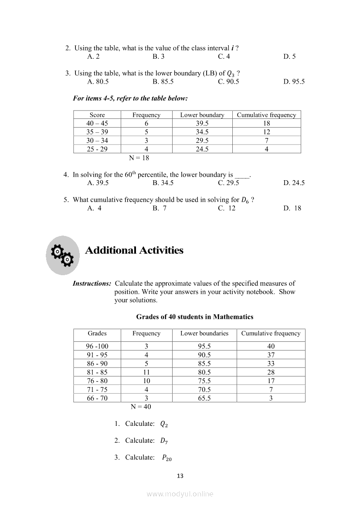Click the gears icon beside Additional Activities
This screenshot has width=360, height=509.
(63, 255)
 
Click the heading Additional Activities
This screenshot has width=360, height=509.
(134, 250)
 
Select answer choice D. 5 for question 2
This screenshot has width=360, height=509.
(289, 57)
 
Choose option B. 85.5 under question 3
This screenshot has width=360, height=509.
(163, 82)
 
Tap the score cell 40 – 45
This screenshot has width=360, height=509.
(97, 124)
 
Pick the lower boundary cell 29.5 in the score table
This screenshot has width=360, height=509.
(202, 141)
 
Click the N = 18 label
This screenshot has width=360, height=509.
(139, 158)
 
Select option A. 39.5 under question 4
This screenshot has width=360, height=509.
(98, 183)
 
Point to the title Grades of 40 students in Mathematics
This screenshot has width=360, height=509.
(195, 317)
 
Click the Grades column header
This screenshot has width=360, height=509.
(97, 334)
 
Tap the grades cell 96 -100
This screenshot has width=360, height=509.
(97, 347)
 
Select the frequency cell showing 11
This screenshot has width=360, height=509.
(146, 372)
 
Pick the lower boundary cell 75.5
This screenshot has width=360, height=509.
(204, 381)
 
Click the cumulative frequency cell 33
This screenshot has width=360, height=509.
(271, 364)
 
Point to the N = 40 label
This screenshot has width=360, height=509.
(141, 407)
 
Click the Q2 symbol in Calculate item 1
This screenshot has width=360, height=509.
(164, 424)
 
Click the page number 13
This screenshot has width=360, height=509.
(180, 476)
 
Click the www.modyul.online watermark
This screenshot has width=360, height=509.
(180, 494)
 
